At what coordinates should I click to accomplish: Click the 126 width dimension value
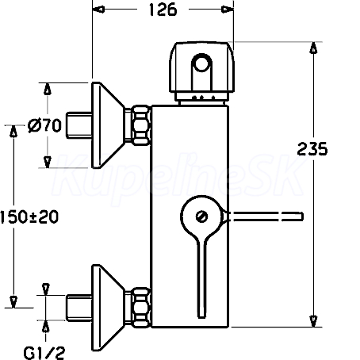pos(163,10)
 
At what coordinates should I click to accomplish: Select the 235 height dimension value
pos(312,149)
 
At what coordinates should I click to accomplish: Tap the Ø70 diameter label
pos(44,125)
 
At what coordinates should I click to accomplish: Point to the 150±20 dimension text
pos(29,217)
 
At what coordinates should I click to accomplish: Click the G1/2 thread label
pos(44,353)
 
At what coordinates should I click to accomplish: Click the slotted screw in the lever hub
pos(202,216)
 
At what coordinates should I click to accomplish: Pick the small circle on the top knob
pos(201,63)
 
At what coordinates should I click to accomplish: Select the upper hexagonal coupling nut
pos(141,125)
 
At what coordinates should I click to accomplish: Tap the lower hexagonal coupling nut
pos(141,308)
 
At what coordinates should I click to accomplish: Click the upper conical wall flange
pos(107,125)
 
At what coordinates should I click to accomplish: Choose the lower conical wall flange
pos(107,308)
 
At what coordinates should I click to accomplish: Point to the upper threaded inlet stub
pos(79,125)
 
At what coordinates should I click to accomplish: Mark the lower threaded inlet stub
pos(79,308)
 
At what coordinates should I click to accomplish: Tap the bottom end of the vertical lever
pos(201,317)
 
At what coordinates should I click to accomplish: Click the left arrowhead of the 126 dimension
pos(98,10)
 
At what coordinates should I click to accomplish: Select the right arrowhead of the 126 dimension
pos(228,10)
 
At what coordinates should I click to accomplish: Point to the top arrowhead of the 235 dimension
pos(313,48)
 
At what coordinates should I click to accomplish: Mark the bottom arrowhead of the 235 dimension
pos(313,321)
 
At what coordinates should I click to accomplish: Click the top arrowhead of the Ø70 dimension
pos(48,89)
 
